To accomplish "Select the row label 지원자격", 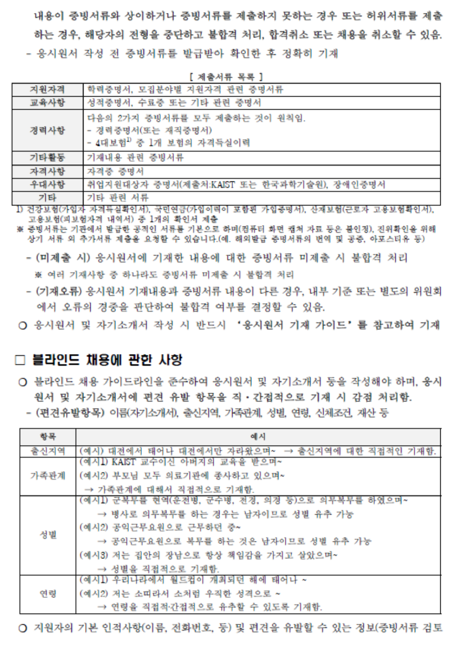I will point(48,89).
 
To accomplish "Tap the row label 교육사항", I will point(48,102).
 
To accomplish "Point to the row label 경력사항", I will point(48,130).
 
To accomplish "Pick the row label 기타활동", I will point(48,158).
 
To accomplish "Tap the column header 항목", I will point(48,436).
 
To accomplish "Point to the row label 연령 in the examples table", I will point(48,593).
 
